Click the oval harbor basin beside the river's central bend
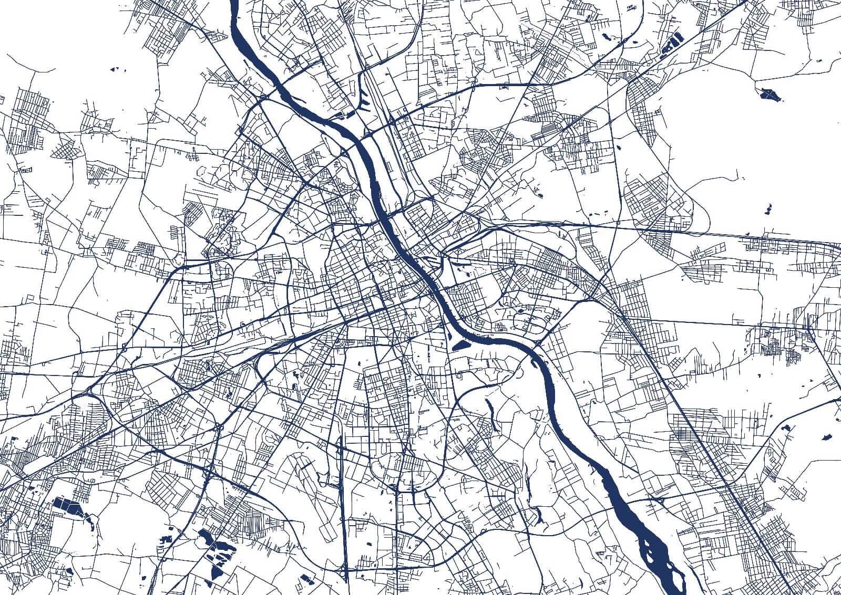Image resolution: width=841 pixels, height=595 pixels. [x=460, y=345]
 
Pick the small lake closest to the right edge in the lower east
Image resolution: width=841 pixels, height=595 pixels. [x=826, y=435]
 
